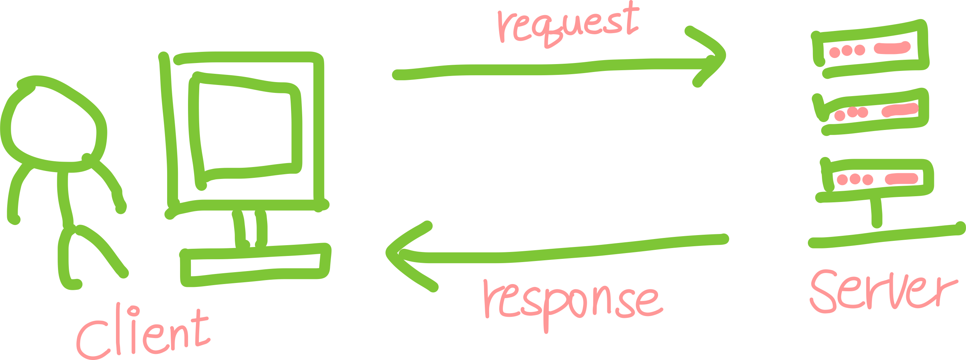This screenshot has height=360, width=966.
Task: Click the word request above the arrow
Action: (568, 24)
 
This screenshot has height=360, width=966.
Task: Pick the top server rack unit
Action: (870, 51)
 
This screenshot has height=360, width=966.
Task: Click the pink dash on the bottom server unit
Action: (902, 179)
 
